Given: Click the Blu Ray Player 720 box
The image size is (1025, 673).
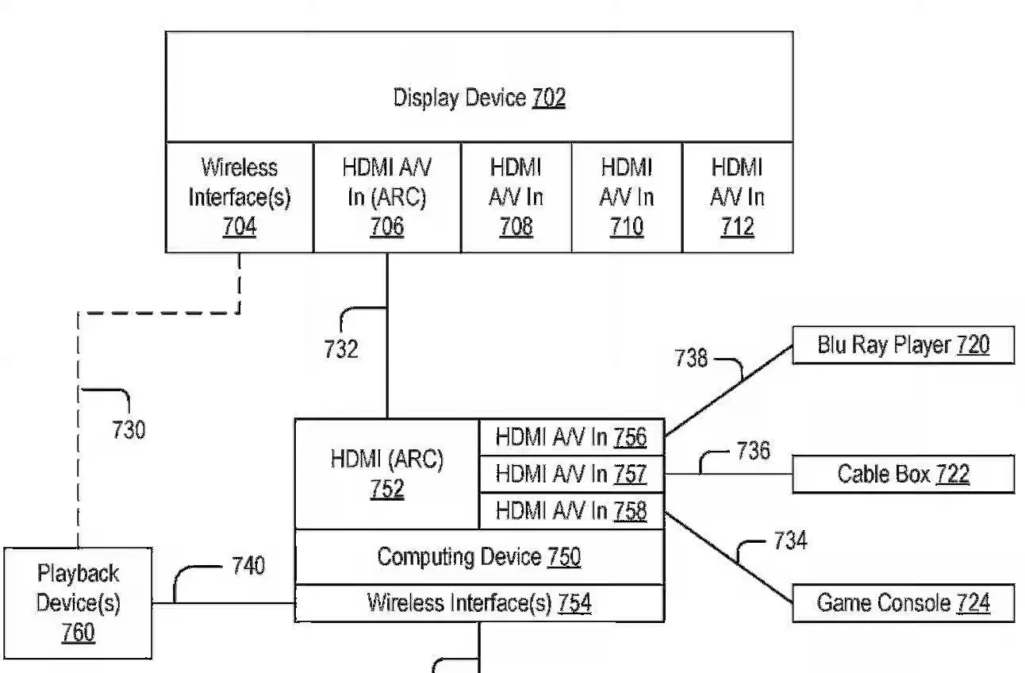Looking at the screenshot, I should tap(903, 345).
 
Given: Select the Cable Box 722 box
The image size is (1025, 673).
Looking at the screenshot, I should tap(903, 475).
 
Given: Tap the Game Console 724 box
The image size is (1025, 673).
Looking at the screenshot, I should tap(903, 603).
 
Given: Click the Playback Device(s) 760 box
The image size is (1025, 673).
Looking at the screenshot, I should tap(78, 603).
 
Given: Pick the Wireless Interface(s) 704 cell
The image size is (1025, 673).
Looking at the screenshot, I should tap(239, 198).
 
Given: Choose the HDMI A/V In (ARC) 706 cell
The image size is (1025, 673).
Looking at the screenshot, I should tap(387, 198).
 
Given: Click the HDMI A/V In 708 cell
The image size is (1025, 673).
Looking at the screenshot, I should tap(516, 198).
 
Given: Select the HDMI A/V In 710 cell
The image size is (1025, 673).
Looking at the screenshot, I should tap(627, 198).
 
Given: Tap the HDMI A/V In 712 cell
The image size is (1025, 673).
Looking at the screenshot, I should tap(737, 198).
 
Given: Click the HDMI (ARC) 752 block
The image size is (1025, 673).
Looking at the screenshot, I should tap(387, 474).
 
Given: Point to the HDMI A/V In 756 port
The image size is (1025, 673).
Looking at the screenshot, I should tap(571, 437).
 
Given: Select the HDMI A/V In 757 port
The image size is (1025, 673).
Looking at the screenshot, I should tap(571, 475).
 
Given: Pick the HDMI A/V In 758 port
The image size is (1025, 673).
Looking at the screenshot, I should tap(571, 511).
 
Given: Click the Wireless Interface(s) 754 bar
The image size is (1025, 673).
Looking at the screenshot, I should tap(479, 603).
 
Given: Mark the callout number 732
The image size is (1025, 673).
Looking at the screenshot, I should tap(341, 349).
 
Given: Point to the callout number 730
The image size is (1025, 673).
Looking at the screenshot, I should tap(128, 430).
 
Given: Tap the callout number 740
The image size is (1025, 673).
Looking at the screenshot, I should tap(248, 567).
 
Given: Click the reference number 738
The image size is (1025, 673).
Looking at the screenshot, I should tap(691, 358).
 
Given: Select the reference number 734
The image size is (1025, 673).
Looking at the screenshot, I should tap(790, 541).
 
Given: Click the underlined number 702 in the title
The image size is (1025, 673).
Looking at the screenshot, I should tap(549, 98).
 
